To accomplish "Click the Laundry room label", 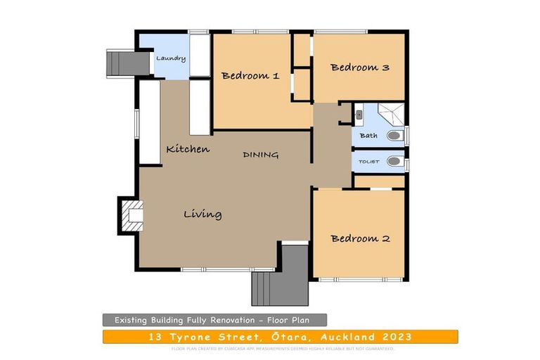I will click(x=171, y=58).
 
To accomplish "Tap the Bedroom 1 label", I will click(x=250, y=76).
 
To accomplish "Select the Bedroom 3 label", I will click(x=359, y=67).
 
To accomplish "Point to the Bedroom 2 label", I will click(x=360, y=238).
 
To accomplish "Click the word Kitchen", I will click(x=188, y=149).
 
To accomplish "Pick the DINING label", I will click(x=261, y=155).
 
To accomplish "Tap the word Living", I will click(x=202, y=214).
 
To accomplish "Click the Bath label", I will click(x=368, y=136).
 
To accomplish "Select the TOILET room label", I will click(x=369, y=162).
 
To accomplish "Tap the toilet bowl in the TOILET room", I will click(x=394, y=161).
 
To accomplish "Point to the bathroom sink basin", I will click(x=359, y=112).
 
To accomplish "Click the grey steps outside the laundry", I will click(x=116, y=63).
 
